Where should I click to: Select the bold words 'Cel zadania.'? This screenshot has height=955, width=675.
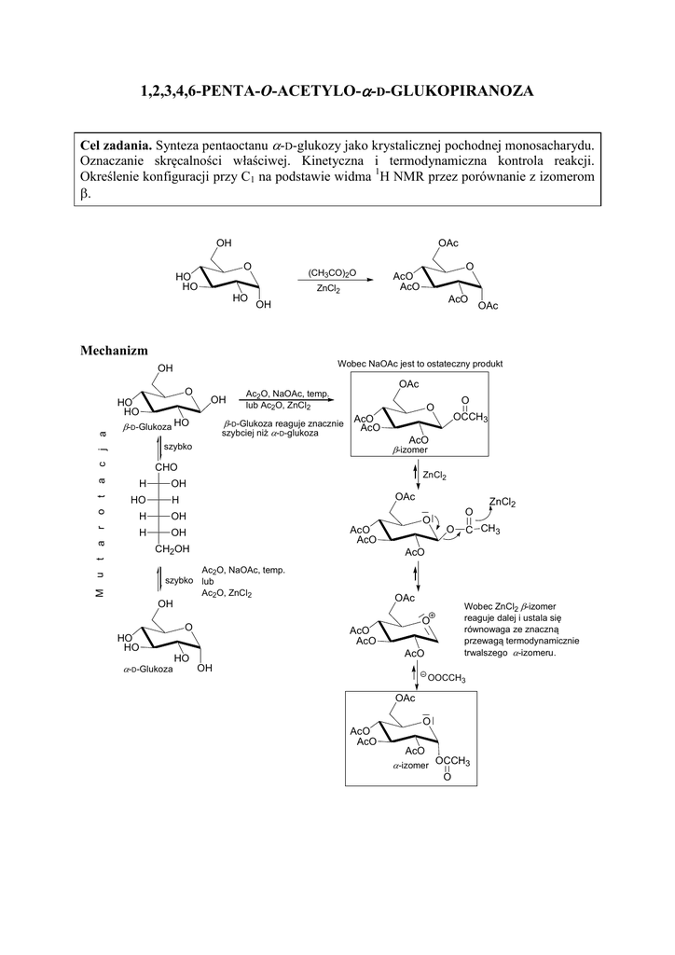click(117, 145)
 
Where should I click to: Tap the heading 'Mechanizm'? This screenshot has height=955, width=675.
click(114, 350)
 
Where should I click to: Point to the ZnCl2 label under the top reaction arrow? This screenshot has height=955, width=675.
click(328, 290)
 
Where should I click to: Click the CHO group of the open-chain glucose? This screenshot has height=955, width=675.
click(167, 466)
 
